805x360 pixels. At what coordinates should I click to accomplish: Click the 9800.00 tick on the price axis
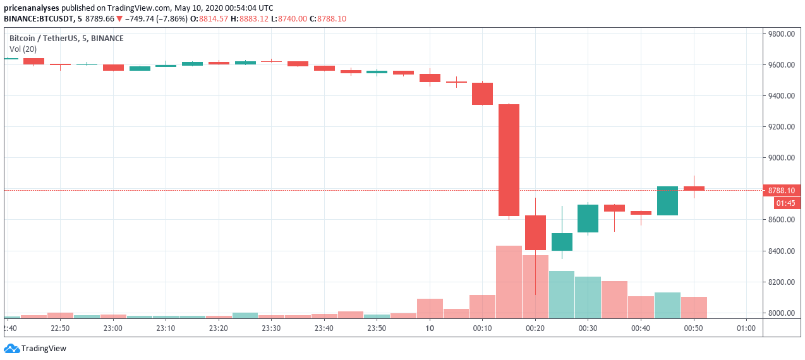pyautogui.click(x=780, y=34)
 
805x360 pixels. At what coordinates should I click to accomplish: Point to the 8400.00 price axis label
pyautogui.click(x=780, y=251)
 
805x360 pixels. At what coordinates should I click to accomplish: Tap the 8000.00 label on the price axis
pyautogui.click(x=780, y=313)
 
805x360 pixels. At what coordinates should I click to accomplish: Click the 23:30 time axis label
pyautogui.click(x=271, y=328)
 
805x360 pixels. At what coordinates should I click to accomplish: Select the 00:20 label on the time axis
pyautogui.click(x=535, y=328)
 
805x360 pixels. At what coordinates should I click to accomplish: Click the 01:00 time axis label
pyautogui.click(x=746, y=328)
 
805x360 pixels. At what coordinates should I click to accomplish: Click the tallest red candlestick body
pyautogui.click(x=509, y=160)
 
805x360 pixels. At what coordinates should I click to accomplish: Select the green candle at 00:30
pyautogui.click(x=588, y=219)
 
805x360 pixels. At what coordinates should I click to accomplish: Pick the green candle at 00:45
pyautogui.click(x=667, y=201)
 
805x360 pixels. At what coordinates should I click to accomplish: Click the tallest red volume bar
pyautogui.click(x=509, y=282)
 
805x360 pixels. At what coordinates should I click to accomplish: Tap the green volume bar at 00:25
pyautogui.click(x=561, y=294)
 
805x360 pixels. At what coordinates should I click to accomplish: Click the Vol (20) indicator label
pyautogui.click(x=23, y=49)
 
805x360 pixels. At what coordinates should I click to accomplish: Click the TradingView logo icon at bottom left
pyautogui.click(x=11, y=348)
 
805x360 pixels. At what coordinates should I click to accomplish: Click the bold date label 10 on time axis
pyautogui.click(x=430, y=328)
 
